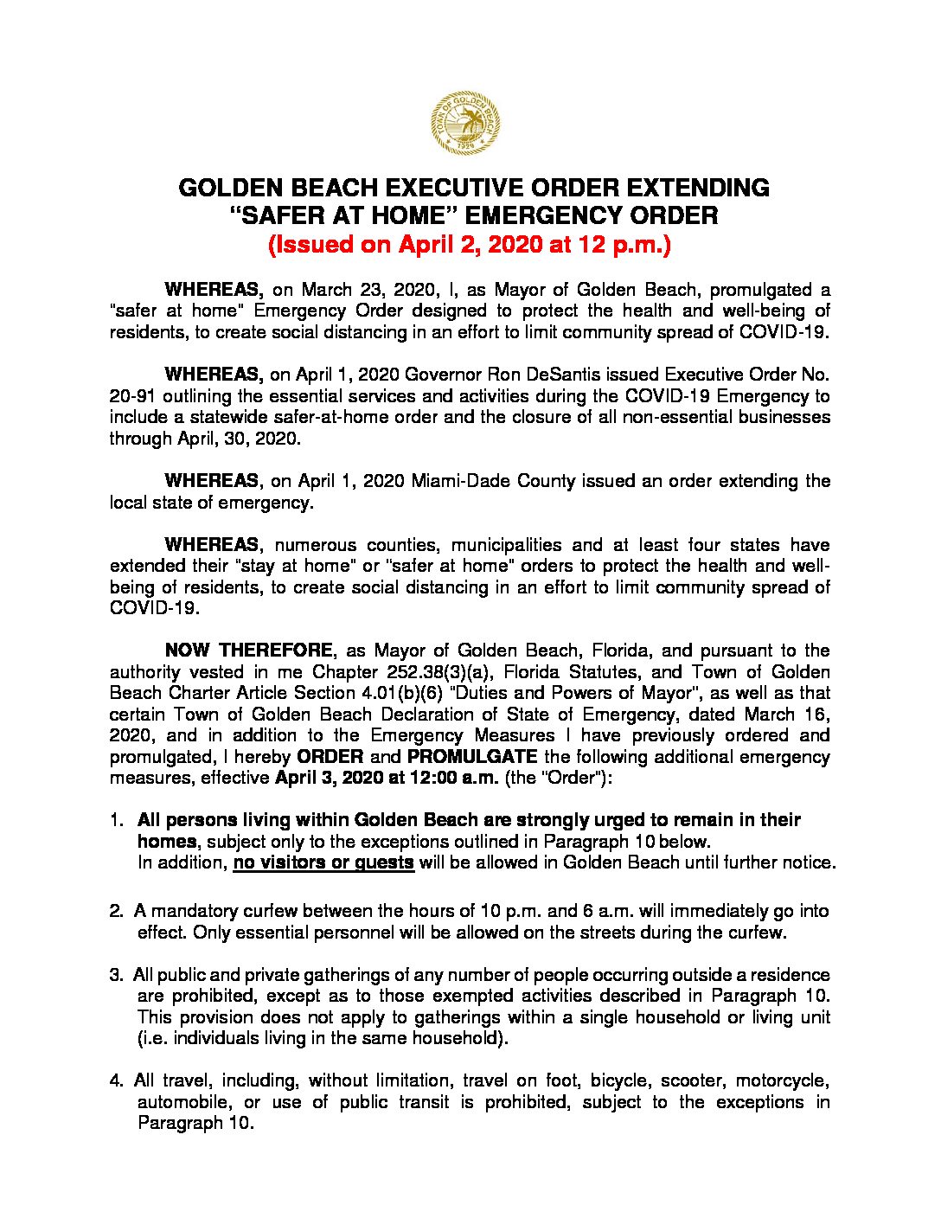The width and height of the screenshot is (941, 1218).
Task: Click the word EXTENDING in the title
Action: point(698,188)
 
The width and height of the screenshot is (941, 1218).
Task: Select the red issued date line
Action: point(470,245)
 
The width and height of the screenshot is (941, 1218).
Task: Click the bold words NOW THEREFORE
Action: point(248,651)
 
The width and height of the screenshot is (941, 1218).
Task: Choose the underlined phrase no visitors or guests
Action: point(323,862)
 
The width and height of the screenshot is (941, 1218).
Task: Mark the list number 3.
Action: point(116,975)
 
